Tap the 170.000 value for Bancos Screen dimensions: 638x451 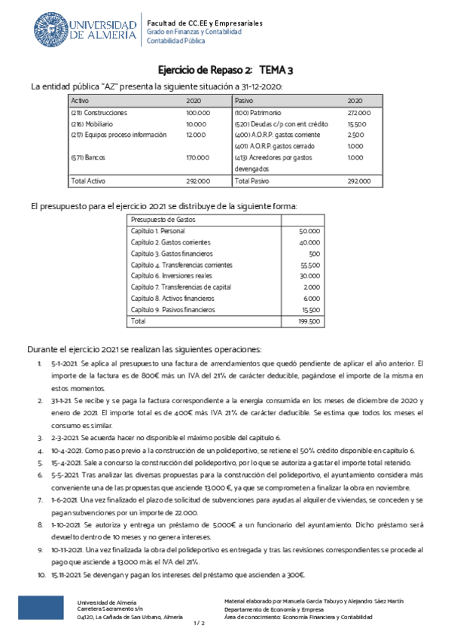click(197, 157)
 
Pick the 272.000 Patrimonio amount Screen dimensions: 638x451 click(358, 113)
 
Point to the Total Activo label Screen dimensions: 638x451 click(87, 181)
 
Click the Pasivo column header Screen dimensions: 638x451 click(244, 100)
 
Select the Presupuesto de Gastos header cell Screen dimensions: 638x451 click(164, 219)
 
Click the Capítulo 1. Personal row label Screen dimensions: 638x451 click(159, 232)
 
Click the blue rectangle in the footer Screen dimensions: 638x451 click(41, 608)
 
